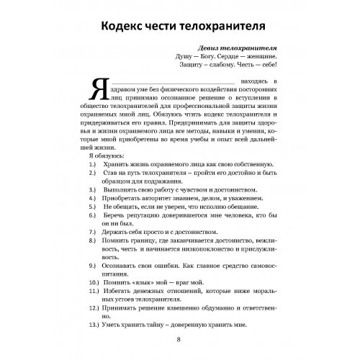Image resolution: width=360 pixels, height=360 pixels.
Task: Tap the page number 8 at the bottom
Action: pos(179,341)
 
